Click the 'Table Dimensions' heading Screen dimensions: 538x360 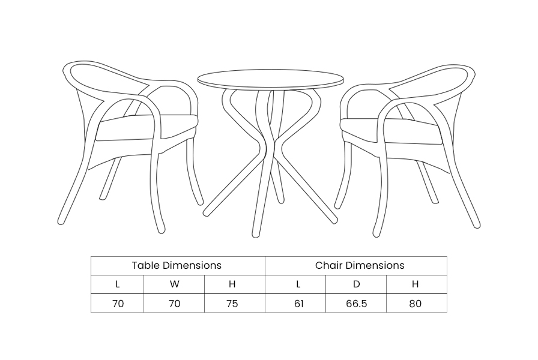[177, 265]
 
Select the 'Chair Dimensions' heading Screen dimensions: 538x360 [360, 265]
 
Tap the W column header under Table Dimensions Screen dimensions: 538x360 [174, 284]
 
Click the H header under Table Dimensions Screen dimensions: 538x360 [232, 284]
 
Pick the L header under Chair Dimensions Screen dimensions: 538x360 [298, 284]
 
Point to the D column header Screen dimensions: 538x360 [357, 284]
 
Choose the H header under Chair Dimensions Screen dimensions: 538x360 [415, 284]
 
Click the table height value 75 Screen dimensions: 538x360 [232, 304]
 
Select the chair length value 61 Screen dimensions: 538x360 [299, 304]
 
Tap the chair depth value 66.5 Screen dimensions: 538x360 [357, 304]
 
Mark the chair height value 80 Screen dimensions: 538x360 [415, 304]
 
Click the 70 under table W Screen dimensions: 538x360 [175, 304]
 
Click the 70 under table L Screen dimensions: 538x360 [118, 304]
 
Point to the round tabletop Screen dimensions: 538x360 [270, 80]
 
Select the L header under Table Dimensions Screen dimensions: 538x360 [118, 284]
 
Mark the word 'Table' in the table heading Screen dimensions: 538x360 [146, 265]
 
